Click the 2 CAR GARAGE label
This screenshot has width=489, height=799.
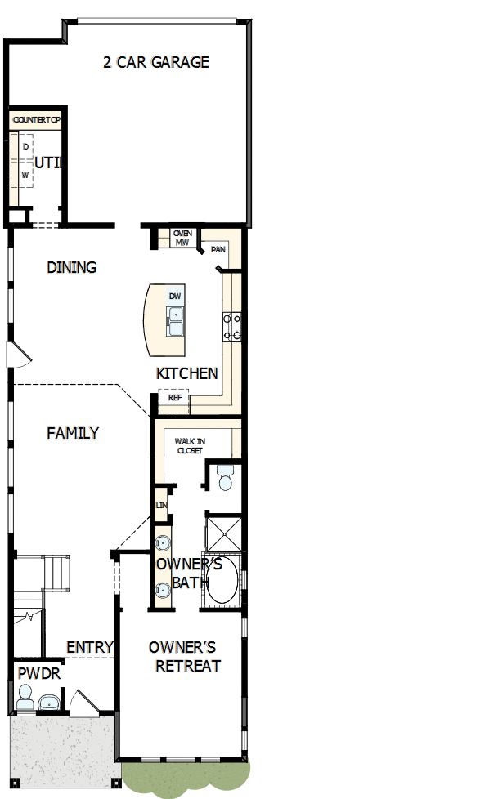155,62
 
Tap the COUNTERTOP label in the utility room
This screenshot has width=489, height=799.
37,120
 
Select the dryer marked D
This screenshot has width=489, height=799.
25,146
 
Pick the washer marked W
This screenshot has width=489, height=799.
25,175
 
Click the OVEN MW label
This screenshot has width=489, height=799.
182,238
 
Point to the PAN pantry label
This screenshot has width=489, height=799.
218,250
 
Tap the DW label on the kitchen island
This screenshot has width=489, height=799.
175,296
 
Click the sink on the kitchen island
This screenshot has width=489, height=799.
175,321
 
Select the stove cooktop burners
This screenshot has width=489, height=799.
231,326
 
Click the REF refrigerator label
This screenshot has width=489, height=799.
174,398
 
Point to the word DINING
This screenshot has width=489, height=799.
71,267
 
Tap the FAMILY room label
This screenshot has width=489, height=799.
73,433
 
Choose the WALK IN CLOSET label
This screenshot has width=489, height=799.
190,445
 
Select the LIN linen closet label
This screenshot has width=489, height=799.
161,506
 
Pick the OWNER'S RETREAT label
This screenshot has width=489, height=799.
187,657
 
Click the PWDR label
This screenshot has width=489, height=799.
34,674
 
